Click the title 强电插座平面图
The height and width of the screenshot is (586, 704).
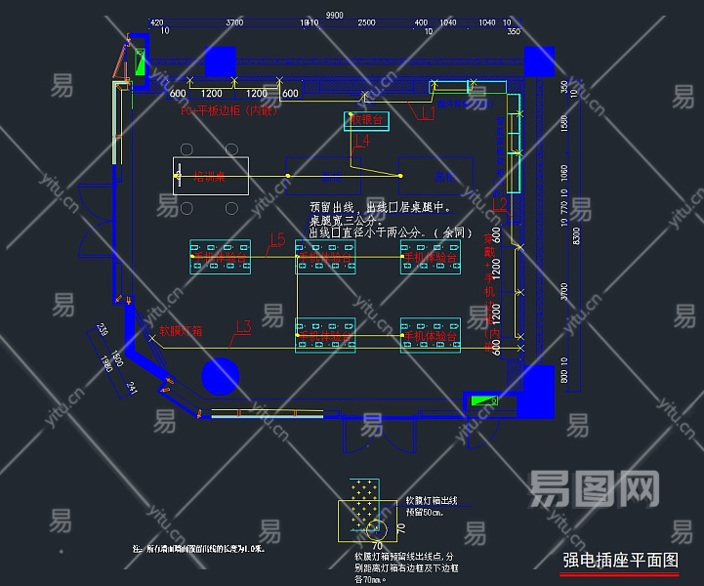620,561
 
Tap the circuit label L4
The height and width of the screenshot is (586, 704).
361,142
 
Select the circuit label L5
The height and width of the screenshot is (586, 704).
277,239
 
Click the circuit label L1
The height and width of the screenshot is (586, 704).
426,114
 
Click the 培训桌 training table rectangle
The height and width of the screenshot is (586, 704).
211,177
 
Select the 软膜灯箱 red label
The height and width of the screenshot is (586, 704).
181,330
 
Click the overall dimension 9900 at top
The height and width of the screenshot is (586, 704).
335,15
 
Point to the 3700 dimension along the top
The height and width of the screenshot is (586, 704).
234,22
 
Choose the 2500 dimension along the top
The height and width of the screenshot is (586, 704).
366,22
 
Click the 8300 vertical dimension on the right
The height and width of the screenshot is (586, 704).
577,234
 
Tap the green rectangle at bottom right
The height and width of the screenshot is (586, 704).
482,400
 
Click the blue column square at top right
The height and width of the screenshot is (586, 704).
538,62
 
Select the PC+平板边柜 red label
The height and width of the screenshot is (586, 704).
230,110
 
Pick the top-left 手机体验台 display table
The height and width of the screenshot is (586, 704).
221,257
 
